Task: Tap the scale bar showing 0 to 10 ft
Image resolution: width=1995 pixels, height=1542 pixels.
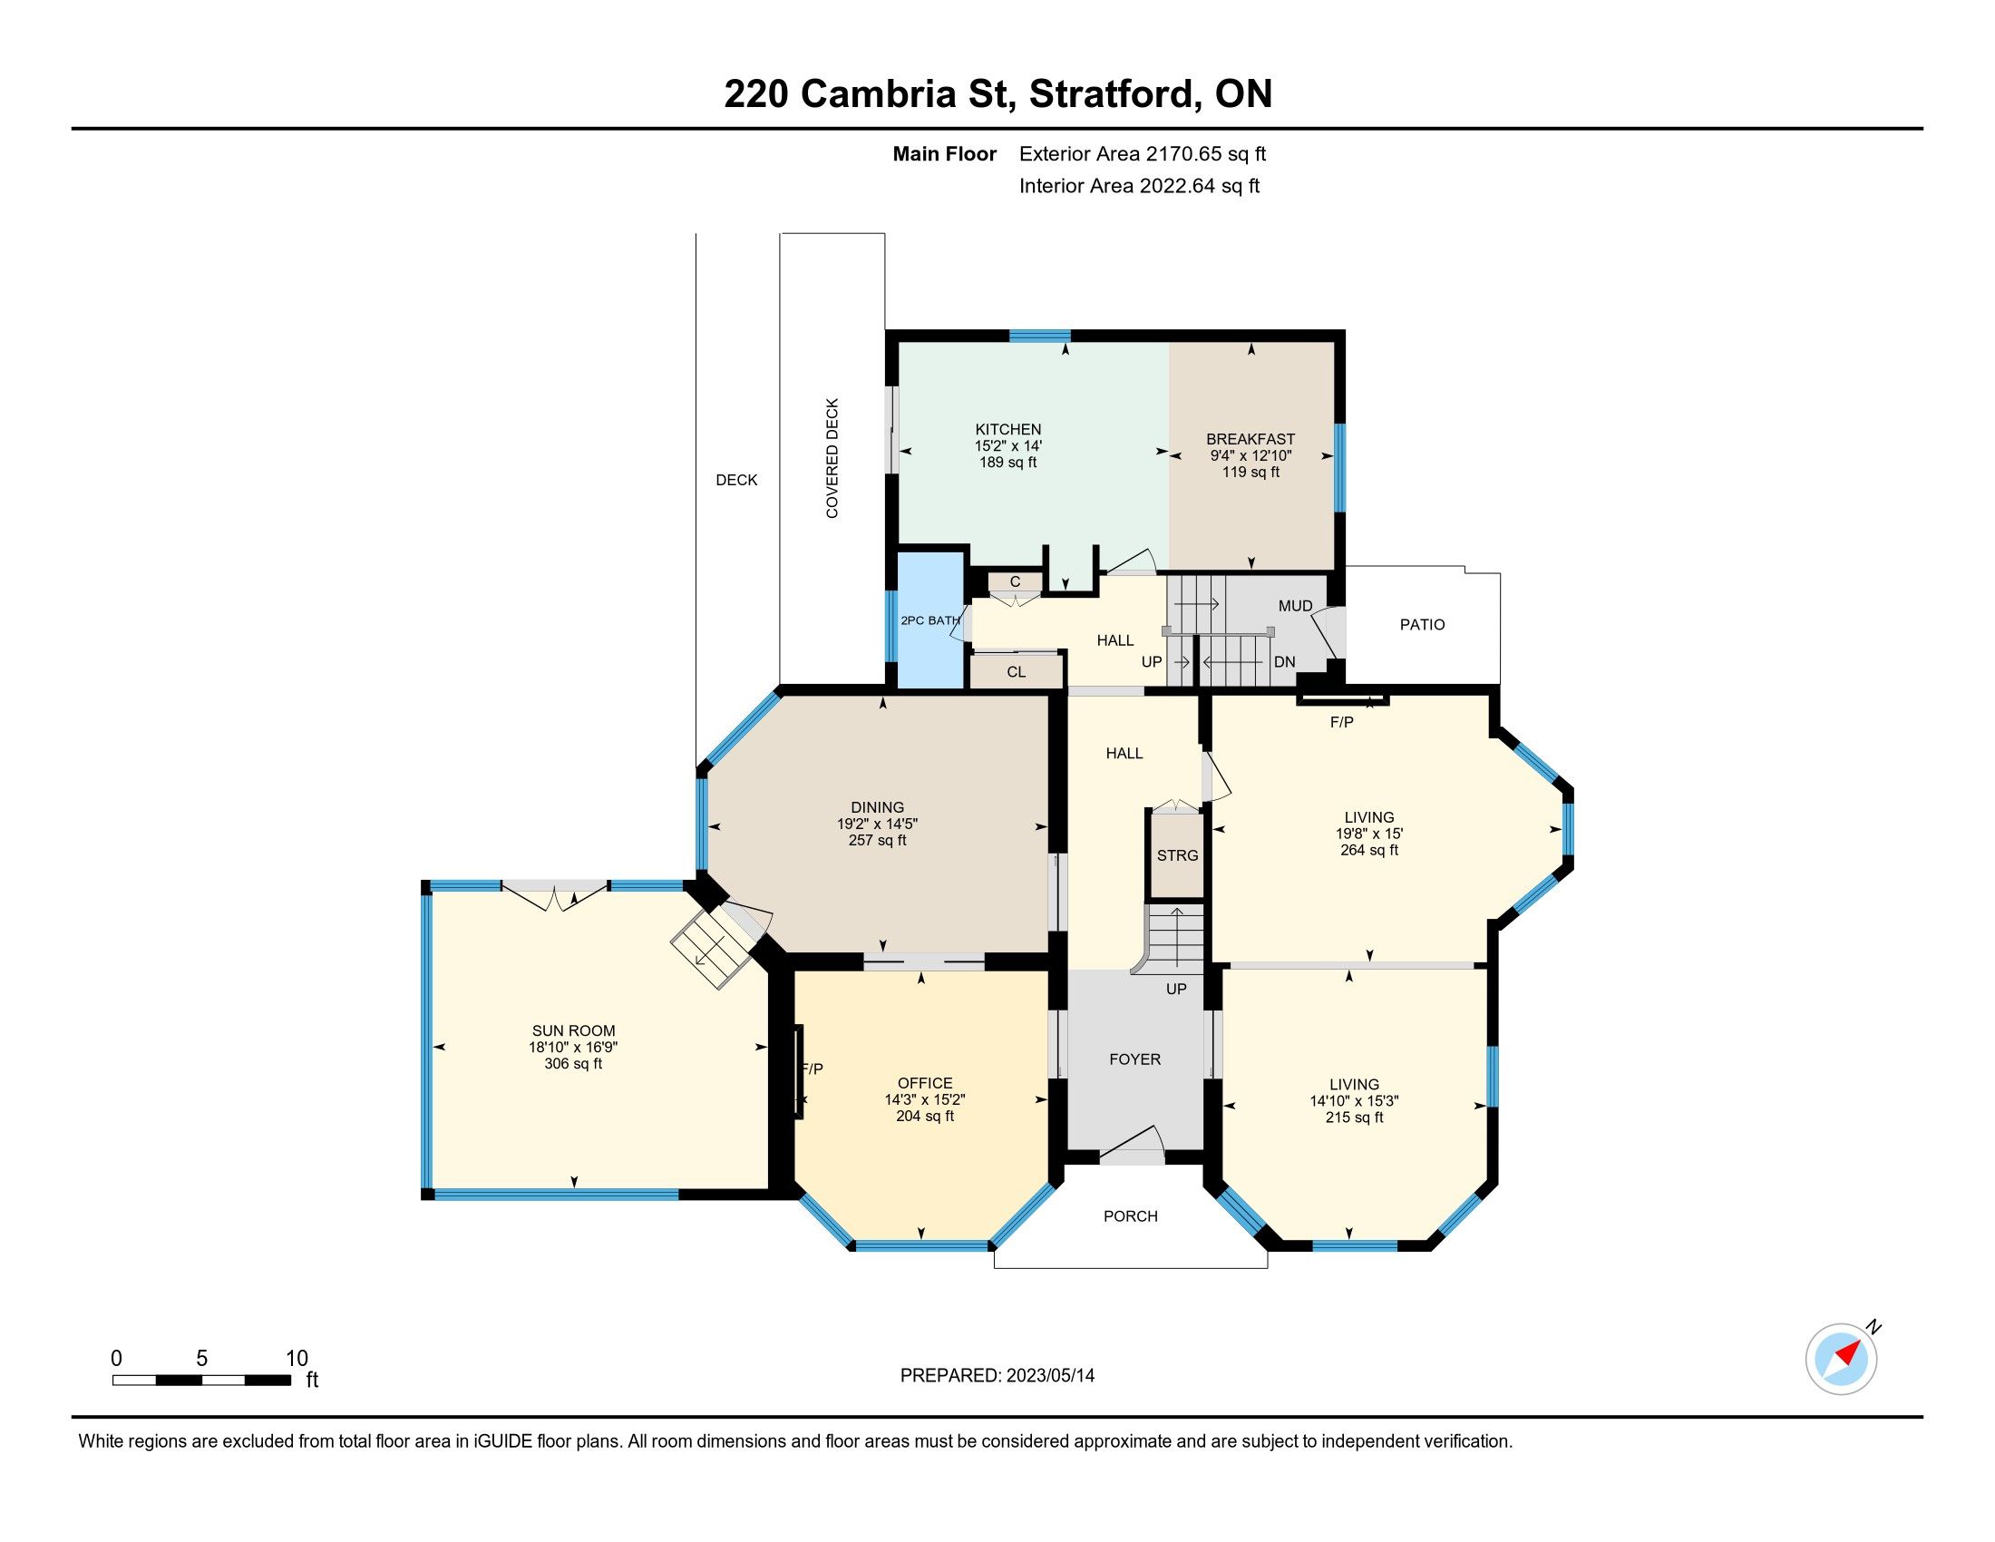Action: pos(202,1380)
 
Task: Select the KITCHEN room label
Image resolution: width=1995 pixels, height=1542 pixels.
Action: pos(1007,429)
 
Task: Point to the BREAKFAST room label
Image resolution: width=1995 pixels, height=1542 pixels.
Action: pos(1251,439)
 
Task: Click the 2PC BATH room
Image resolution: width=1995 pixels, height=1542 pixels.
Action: pos(930,620)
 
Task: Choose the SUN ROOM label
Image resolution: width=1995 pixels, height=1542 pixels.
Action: pos(574,1030)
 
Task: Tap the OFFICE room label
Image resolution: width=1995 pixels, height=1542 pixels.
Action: pos(924,1082)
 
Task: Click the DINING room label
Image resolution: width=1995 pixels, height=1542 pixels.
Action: pos(877,807)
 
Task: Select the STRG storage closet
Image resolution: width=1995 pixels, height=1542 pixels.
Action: pos(1176,855)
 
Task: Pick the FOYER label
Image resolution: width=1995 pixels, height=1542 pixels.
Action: pos(1134,1059)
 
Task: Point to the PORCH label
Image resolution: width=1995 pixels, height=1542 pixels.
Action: pos(1130,1216)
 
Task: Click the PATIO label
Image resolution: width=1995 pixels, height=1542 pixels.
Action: pos(1422,625)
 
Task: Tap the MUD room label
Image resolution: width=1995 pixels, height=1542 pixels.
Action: pos(1295,606)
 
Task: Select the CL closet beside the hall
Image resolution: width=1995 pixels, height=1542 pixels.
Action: pos(1017,671)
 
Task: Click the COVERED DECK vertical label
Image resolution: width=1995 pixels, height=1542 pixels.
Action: pos(832,458)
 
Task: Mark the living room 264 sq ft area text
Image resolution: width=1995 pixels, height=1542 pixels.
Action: pos(1368,850)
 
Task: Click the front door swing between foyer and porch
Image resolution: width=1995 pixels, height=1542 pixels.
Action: pos(1133,1145)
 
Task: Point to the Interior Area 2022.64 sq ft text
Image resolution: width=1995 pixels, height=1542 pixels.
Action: pos(1139,185)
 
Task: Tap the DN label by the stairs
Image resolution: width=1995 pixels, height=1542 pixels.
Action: pos(1284,661)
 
